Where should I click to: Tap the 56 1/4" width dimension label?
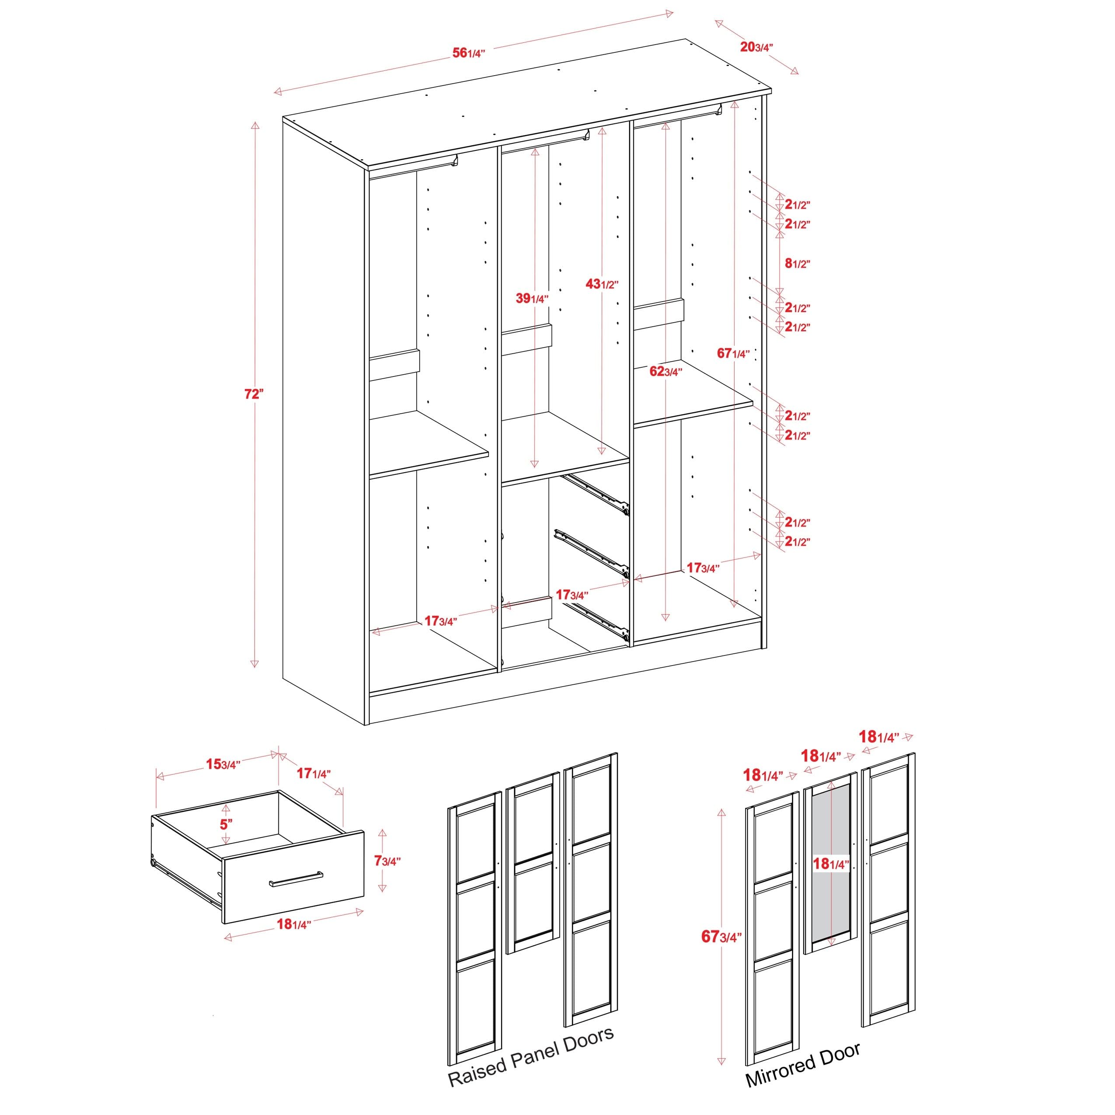(468, 53)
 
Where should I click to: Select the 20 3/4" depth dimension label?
(756, 47)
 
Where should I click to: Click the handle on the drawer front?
(296, 879)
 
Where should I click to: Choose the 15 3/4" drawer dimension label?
(223, 764)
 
